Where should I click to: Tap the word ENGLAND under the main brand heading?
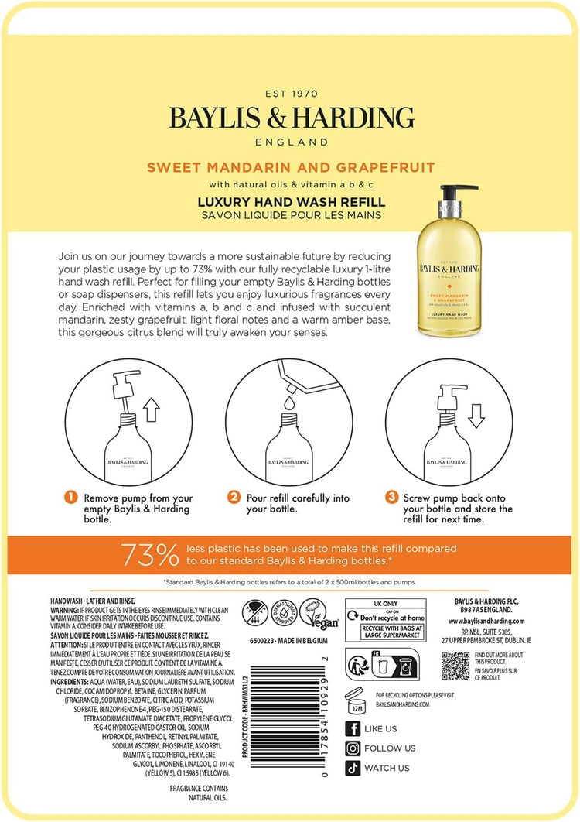(292, 142)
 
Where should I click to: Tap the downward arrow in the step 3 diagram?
(476, 414)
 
